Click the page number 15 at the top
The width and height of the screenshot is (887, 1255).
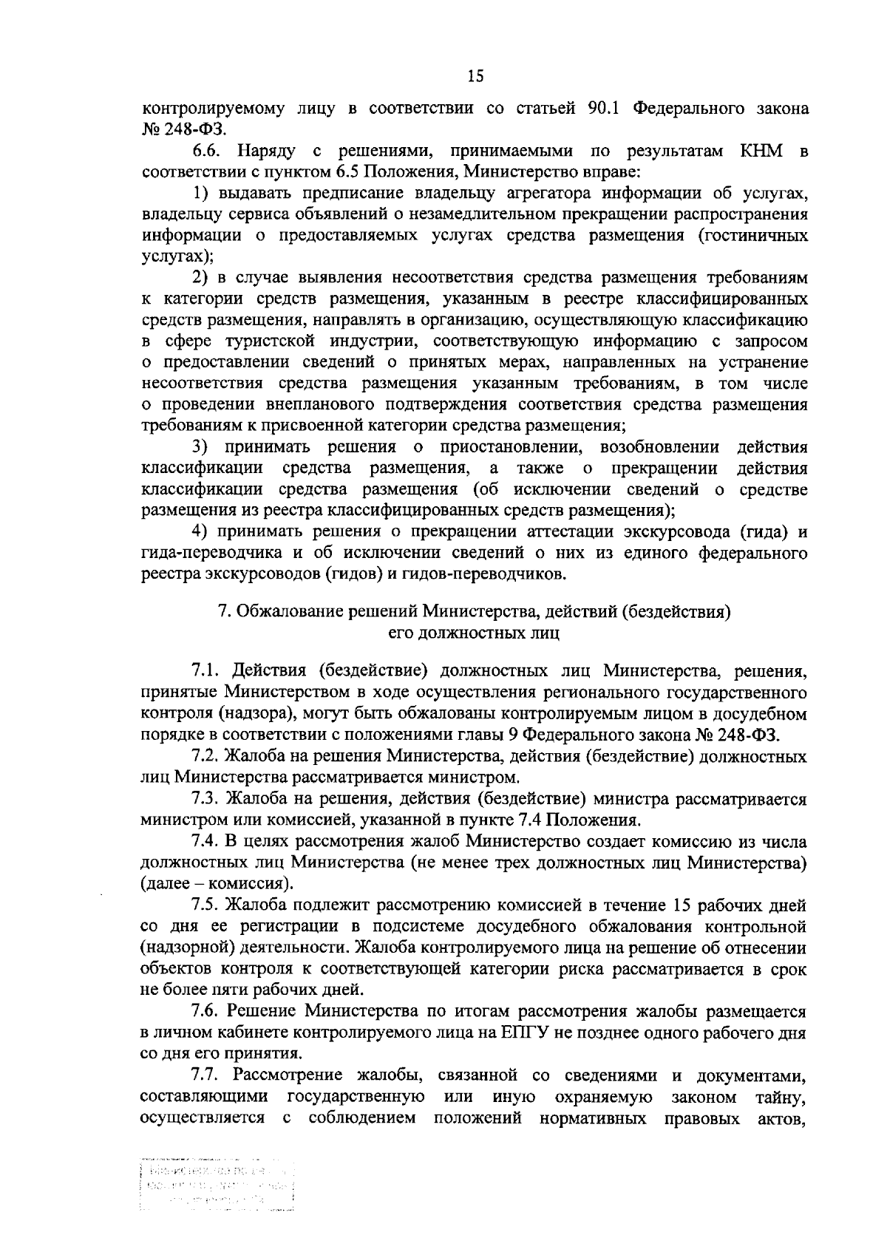(475, 76)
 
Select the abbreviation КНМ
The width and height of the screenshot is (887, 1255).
(763, 152)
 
